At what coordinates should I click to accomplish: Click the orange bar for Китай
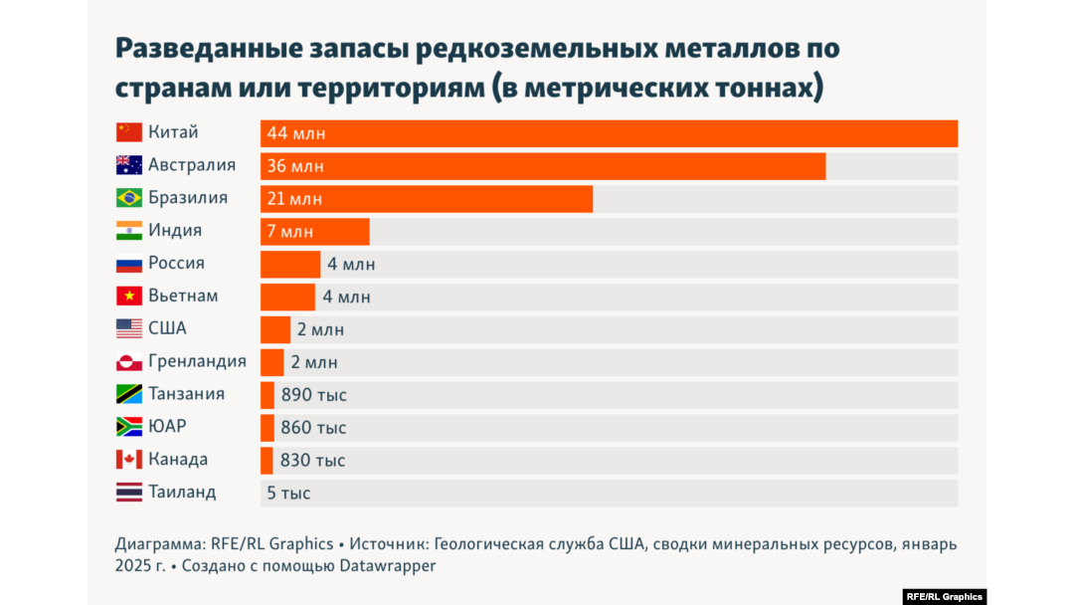point(609,133)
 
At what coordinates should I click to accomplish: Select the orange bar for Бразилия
point(427,198)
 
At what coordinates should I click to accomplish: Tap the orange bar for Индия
point(314,231)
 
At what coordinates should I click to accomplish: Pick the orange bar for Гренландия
point(271,362)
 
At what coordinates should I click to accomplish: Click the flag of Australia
point(129,165)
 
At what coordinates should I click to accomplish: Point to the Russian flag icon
point(129,264)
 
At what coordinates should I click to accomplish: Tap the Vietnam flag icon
point(129,297)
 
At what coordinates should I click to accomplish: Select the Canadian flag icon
point(129,460)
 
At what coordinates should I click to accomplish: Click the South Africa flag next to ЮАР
point(129,427)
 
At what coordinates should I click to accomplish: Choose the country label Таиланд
point(182,493)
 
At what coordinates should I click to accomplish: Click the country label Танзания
point(186,394)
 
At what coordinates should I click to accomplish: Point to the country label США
point(167,328)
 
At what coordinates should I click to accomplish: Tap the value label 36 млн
point(295,166)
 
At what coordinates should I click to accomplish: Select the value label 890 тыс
point(314,395)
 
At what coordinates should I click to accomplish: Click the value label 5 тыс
point(288,494)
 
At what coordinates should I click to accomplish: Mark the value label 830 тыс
point(313,461)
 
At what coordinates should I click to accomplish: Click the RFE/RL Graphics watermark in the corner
point(944,597)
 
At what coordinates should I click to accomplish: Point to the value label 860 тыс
point(314,428)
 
